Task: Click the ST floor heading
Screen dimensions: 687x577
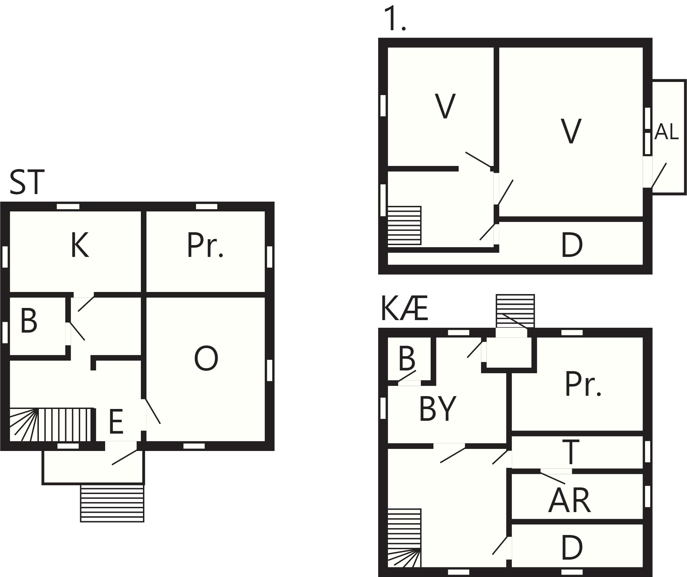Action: [x=27, y=182]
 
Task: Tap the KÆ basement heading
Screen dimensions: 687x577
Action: [x=405, y=309]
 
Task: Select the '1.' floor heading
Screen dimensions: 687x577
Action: [x=395, y=19]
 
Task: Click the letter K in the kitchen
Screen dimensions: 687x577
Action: [x=80, y=245]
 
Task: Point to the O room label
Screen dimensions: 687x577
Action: [x=206, y=359]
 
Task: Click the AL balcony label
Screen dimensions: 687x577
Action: [x=667, y=132]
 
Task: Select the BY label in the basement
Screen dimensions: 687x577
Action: [x=438, y=409]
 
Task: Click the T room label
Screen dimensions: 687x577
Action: [x=571, y=452]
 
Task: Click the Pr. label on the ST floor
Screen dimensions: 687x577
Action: [x=205, y=245]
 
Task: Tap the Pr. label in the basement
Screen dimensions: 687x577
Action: [x=583, y=384]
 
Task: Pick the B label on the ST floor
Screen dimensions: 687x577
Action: [x=29, y=321]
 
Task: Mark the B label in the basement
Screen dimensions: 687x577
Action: [x=407, y=359]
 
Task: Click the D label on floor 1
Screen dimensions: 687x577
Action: [x=572, y=245]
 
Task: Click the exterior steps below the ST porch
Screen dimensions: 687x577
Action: [x=112, y=503]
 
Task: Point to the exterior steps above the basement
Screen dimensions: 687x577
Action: [x=515, y=311]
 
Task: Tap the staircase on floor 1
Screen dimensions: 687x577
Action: [x=404, y=225]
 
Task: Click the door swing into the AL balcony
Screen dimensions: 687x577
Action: [x=659, y=175]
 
